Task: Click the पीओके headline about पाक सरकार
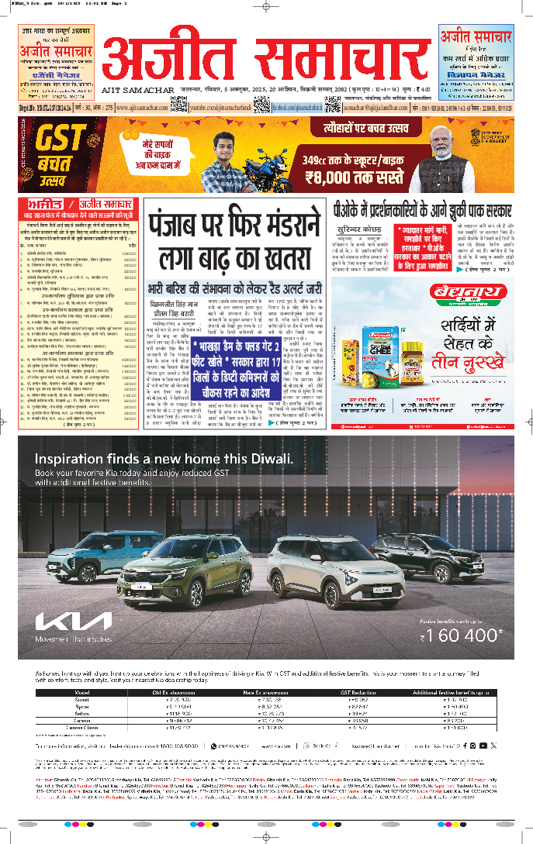point(422,208)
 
